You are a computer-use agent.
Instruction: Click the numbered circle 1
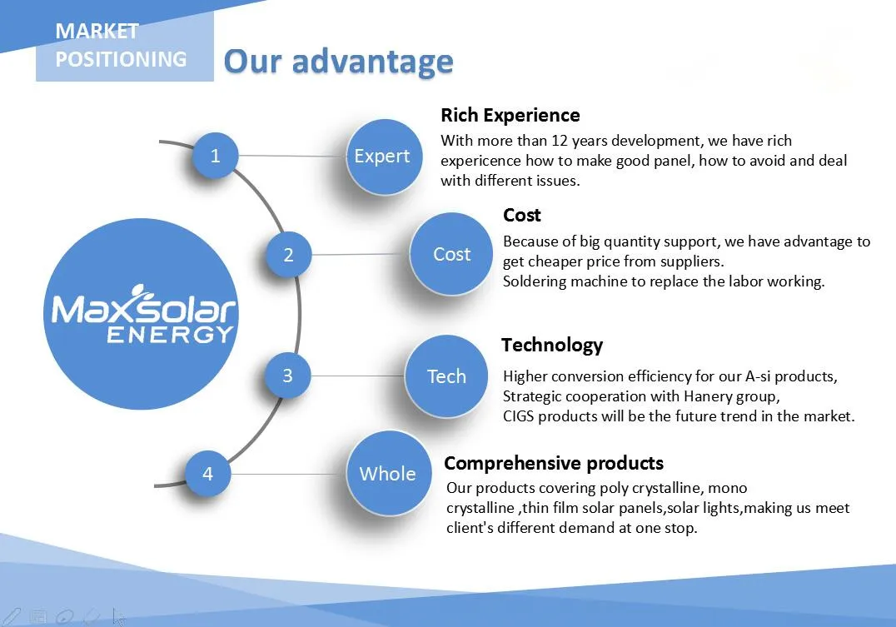[216, 156]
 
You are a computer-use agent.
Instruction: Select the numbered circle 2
[288, 255]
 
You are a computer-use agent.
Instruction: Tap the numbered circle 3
[287, 376]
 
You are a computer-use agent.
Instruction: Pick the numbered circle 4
[207, 474]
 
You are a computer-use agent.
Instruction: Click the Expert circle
[382, 157]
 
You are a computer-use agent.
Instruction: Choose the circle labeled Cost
[451, 254]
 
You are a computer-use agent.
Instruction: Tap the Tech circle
[446, 376]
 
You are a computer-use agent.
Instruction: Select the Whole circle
[387, 474]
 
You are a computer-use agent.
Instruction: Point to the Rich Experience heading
[510, 115]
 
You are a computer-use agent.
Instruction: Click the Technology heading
[551, 345]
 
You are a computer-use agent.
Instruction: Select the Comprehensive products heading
[554, 463]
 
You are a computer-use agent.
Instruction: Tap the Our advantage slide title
[338, 61]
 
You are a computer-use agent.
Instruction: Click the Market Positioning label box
[124, 46]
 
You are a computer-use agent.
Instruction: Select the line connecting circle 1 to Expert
[291, 156]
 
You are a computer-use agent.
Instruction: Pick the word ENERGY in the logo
[171, 335]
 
